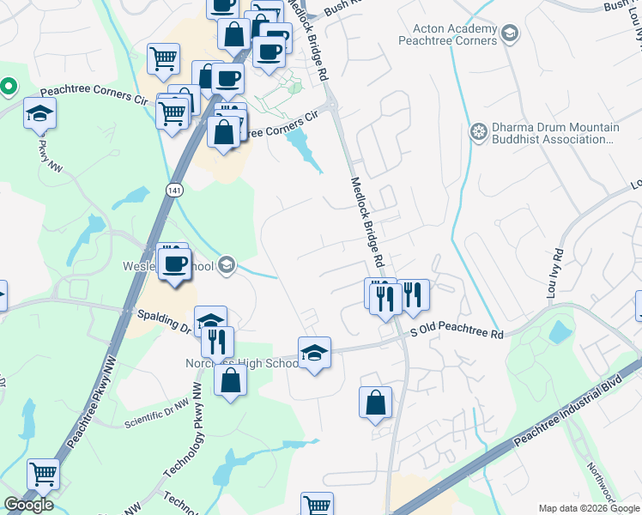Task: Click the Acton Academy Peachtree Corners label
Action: tap(448, 34)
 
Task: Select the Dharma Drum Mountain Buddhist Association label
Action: tap(554, 132)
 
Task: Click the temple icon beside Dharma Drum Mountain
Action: tap(478, 132)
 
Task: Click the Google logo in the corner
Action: tap(28, 505)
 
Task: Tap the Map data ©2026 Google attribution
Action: tap(589, 507)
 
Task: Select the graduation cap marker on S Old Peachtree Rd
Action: tap(314, 353)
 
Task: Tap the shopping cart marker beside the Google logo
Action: tap(42, 473)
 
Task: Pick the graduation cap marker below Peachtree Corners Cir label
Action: tap(39, 114)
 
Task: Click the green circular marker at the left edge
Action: tap(9, 86)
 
